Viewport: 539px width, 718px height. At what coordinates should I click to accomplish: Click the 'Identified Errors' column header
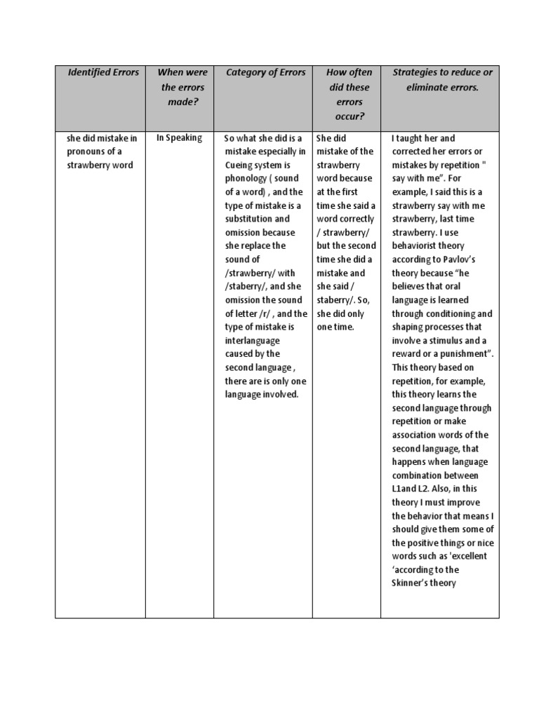point(103,72)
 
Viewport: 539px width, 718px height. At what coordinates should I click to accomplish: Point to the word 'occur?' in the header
point(349,116)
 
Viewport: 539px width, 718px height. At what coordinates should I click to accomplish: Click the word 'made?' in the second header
point(180,102)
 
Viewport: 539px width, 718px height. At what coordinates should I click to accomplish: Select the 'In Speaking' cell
point(179,137)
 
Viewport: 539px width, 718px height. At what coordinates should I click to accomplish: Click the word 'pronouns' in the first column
point(86,151)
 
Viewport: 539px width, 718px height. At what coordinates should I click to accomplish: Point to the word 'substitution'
point(242,219)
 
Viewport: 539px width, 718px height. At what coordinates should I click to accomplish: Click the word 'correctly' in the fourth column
point(357,219)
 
